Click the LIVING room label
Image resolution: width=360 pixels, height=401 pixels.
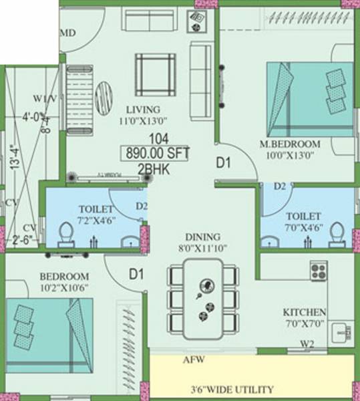[144, 110]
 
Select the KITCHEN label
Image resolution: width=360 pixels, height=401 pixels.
[305, 312]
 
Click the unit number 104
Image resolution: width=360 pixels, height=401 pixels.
[158, 139]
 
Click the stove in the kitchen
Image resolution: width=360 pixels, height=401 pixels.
[318, 271]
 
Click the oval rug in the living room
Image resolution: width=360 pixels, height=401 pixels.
[105, 98]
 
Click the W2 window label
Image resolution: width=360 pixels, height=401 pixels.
[307, 345]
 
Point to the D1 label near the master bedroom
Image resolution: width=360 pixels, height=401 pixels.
[222, 162]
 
